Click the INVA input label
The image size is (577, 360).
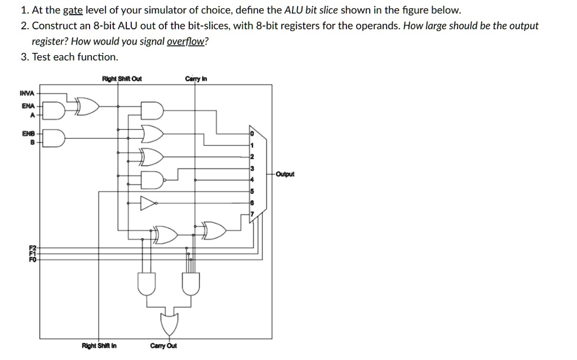(x=27, y=93)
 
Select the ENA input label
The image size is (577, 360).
(x=28, y=105)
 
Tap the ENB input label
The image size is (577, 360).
(x=28, y=134)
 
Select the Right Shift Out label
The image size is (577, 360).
(x=122, y=79)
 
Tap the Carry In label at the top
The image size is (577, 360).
(x=196, y=79)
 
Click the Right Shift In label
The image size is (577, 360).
(x=99, y=345)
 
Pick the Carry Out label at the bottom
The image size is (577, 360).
(x=163, y=345)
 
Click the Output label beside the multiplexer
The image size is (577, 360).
(x=286, y=174)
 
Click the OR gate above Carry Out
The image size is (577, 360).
(x=169, y=322)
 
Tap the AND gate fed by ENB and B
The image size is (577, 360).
(x=55, y=137)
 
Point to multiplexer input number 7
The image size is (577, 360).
(x=252, y=214)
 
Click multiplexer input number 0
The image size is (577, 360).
(x=252, y=134)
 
